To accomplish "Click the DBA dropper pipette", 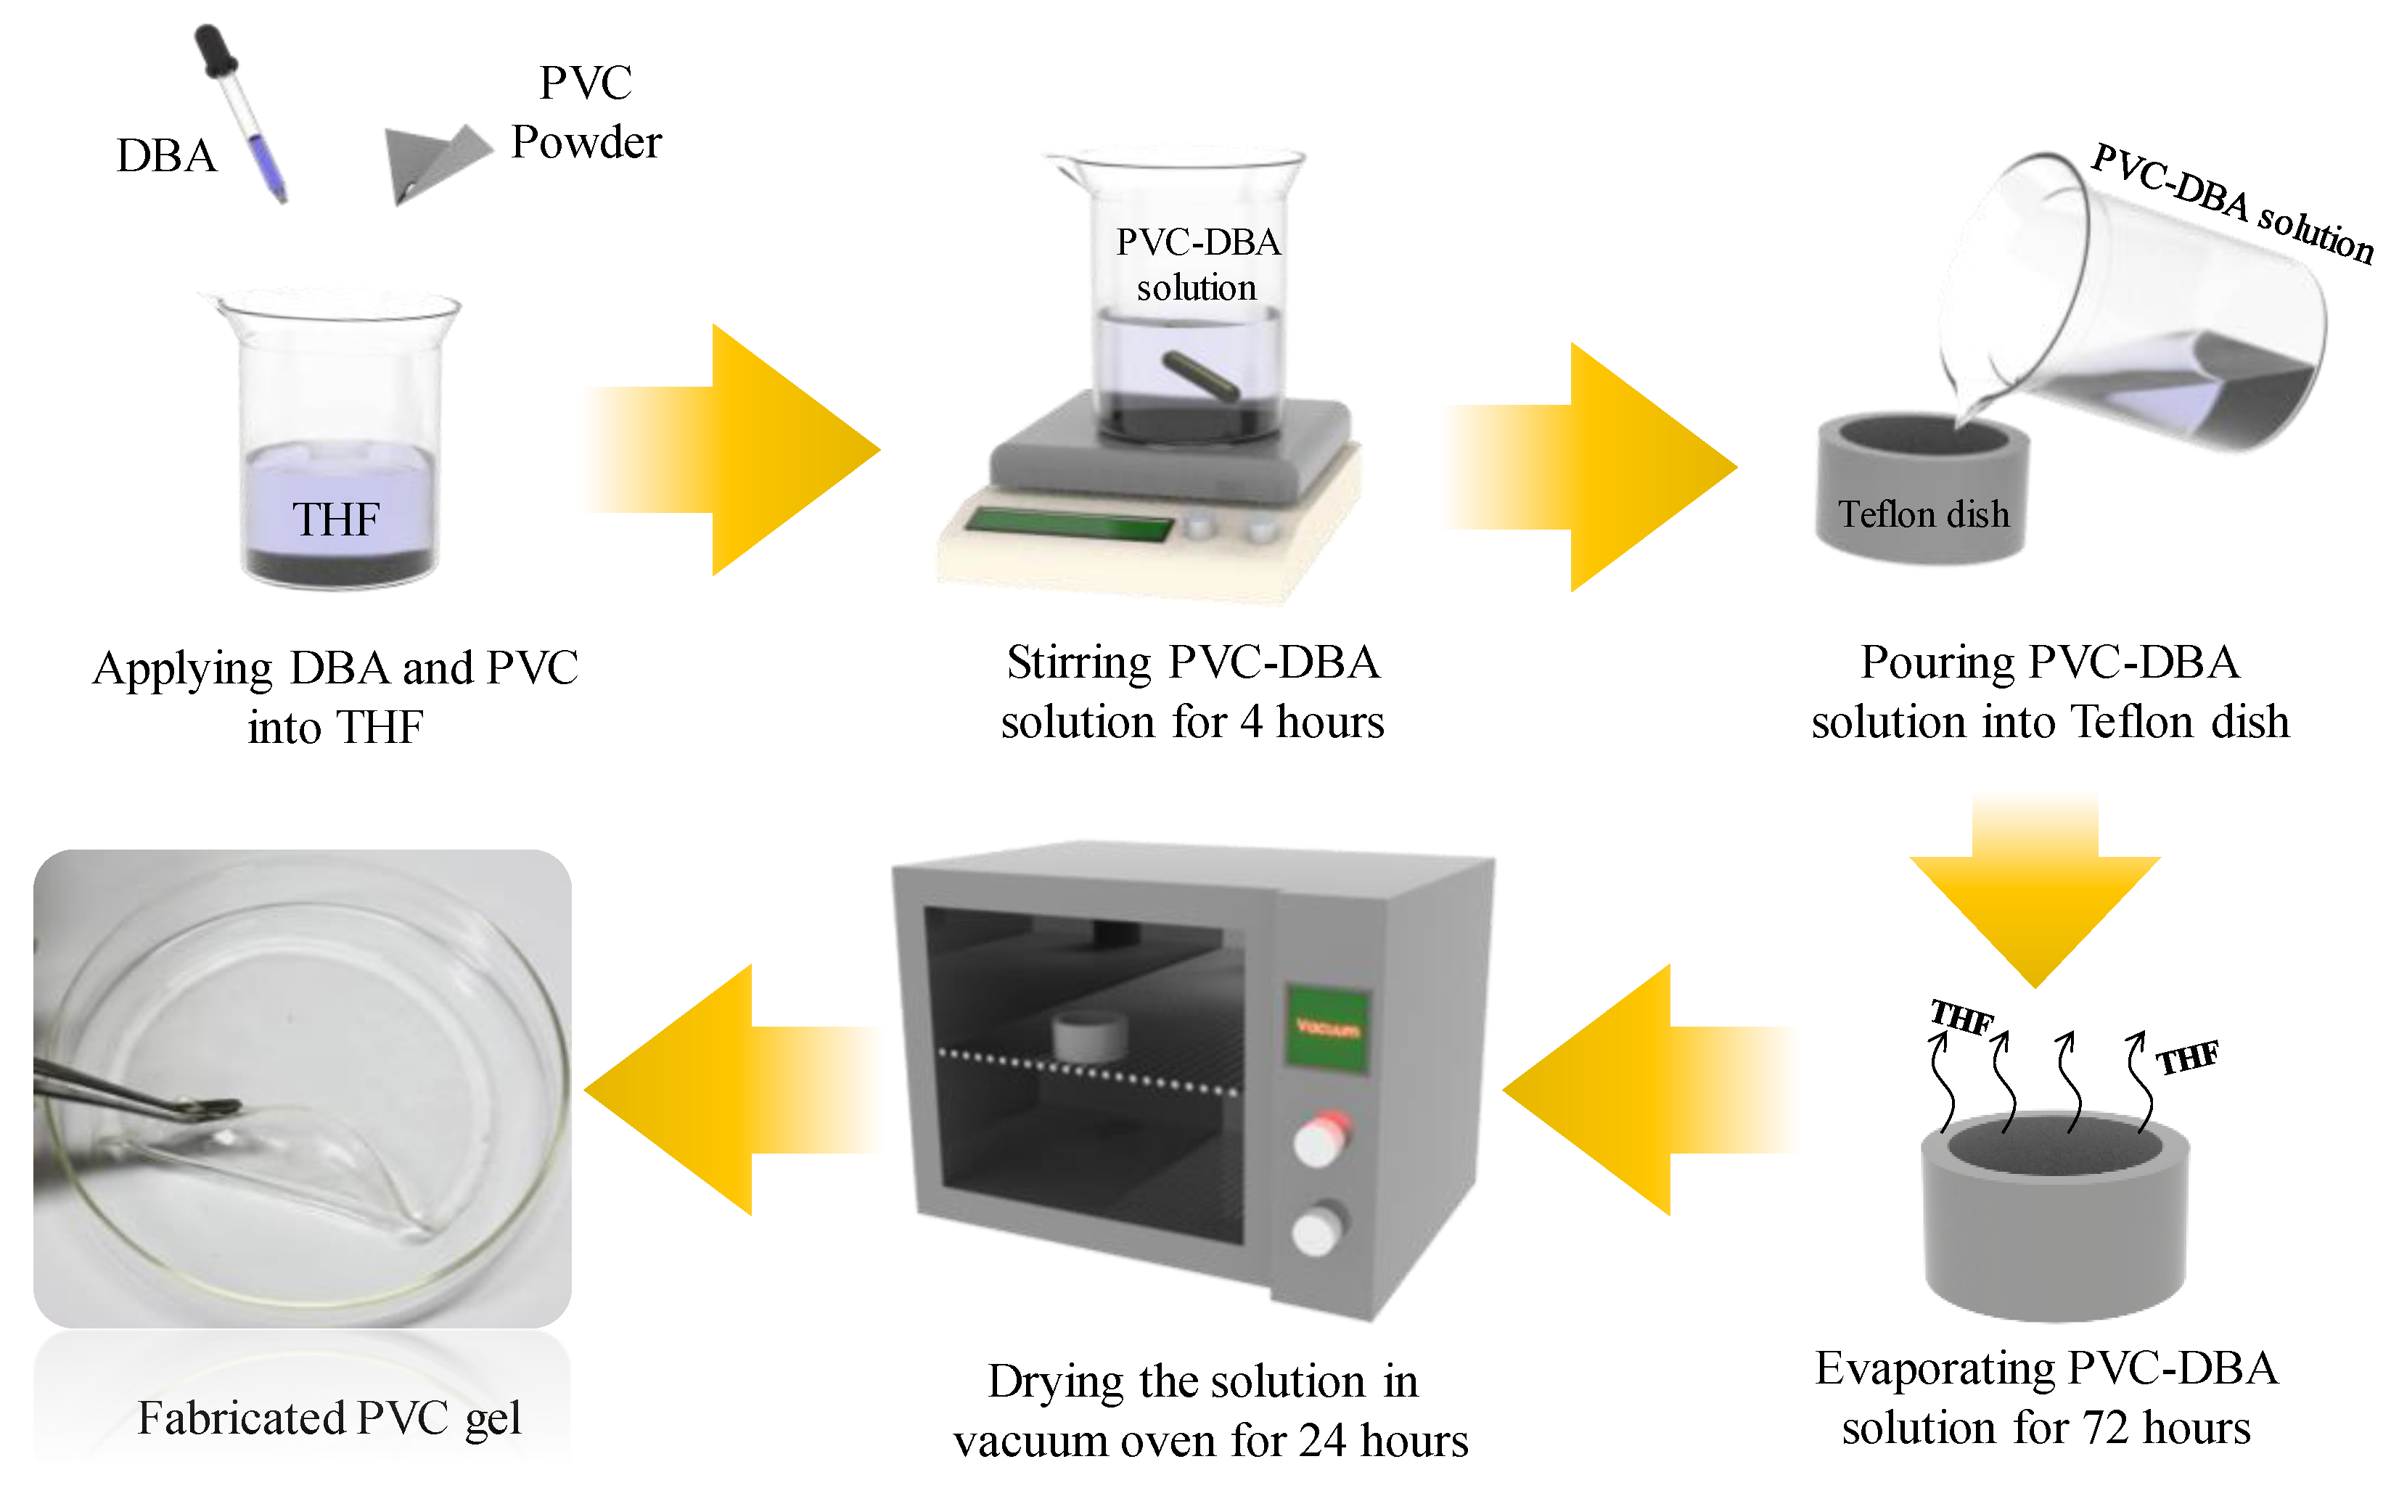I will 243,114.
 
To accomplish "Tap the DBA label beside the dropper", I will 166,156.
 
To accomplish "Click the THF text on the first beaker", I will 336,519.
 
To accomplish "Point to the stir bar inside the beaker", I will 1200,375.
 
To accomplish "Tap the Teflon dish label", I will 1924,514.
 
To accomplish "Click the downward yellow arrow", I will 2035,893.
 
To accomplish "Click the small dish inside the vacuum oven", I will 1089,1035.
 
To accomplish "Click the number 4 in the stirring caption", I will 1251,722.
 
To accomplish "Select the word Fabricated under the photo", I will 240,1418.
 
